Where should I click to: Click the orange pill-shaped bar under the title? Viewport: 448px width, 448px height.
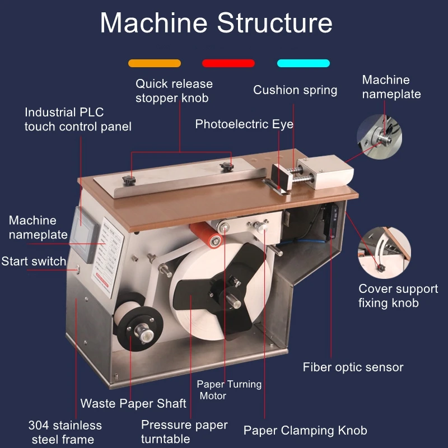point(155,63)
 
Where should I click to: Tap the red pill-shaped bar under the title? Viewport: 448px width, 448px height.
point(228,63)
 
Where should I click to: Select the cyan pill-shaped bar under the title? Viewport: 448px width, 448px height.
point(304,63)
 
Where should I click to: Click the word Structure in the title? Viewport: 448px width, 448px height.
point(274,23)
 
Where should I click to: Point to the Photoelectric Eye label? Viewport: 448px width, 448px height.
point(244,124)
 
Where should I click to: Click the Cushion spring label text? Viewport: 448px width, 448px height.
point(295,90)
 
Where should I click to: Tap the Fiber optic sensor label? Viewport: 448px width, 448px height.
point(353,367)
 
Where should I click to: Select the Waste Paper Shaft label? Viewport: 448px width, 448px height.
point(133,403)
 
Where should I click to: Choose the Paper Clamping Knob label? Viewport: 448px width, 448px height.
point(305,431)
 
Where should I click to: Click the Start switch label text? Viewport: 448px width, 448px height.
point(34,262)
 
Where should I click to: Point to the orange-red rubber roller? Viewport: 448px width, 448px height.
point(206,234)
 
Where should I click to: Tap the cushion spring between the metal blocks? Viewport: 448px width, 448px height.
point(300,175)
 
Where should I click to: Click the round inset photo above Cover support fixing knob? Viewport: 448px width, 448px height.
point(384,253)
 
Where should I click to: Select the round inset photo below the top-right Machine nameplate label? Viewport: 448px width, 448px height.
point(380,137)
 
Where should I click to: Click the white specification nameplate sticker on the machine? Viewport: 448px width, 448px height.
point(108,257)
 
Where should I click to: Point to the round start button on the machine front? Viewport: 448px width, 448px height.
point(77,269)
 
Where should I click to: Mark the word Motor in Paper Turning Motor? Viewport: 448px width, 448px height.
point(213,396)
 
